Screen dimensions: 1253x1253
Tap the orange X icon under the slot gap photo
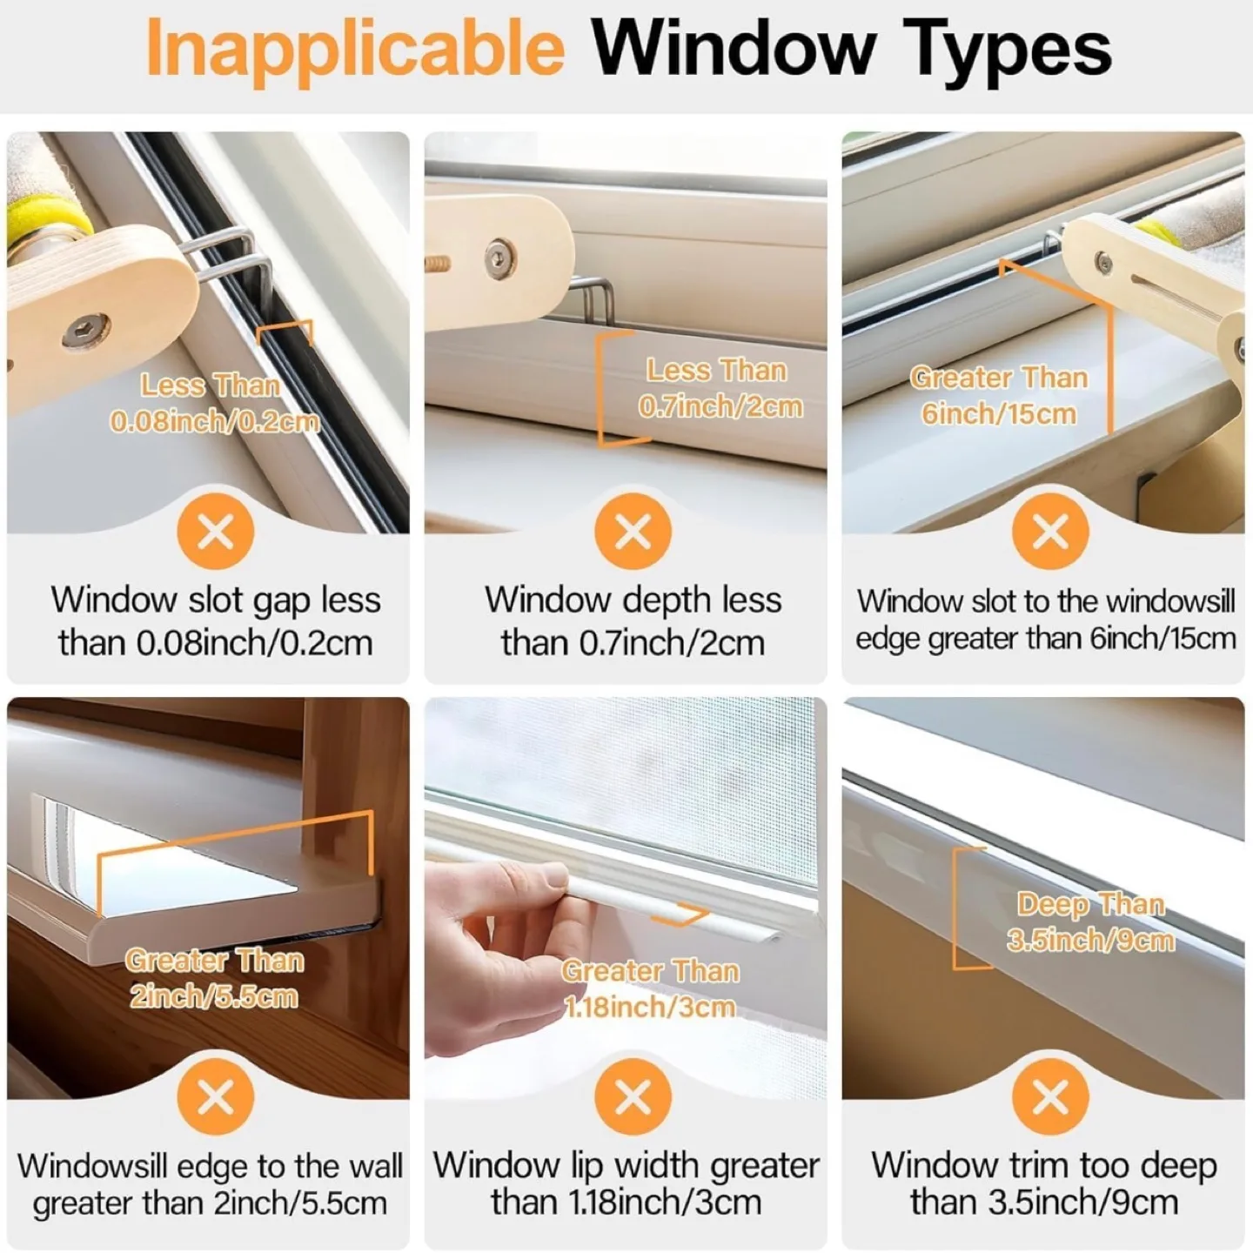pos(215,531)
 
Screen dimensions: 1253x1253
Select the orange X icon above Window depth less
pos(633,531)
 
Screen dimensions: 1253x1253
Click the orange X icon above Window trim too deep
pos(1050,1097)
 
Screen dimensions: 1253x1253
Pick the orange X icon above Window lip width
pos(633,1097)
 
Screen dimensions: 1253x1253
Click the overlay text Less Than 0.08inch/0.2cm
pos(213,404)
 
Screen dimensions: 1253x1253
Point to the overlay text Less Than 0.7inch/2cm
pos(718,388)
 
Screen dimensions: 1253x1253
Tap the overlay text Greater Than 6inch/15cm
pos(999,395)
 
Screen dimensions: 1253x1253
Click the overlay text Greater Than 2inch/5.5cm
pos(214,978)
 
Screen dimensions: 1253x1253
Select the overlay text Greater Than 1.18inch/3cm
pos(650,988)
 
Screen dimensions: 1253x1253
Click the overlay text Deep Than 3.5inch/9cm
pos(1090,922)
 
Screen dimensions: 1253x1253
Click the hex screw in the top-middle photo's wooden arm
pos(497,256)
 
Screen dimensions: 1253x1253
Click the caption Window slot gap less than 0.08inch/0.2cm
pos(215,621)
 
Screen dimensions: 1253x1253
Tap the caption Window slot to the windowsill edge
pos(1045,620)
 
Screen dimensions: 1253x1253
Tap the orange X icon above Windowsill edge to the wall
pos(215,1097)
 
